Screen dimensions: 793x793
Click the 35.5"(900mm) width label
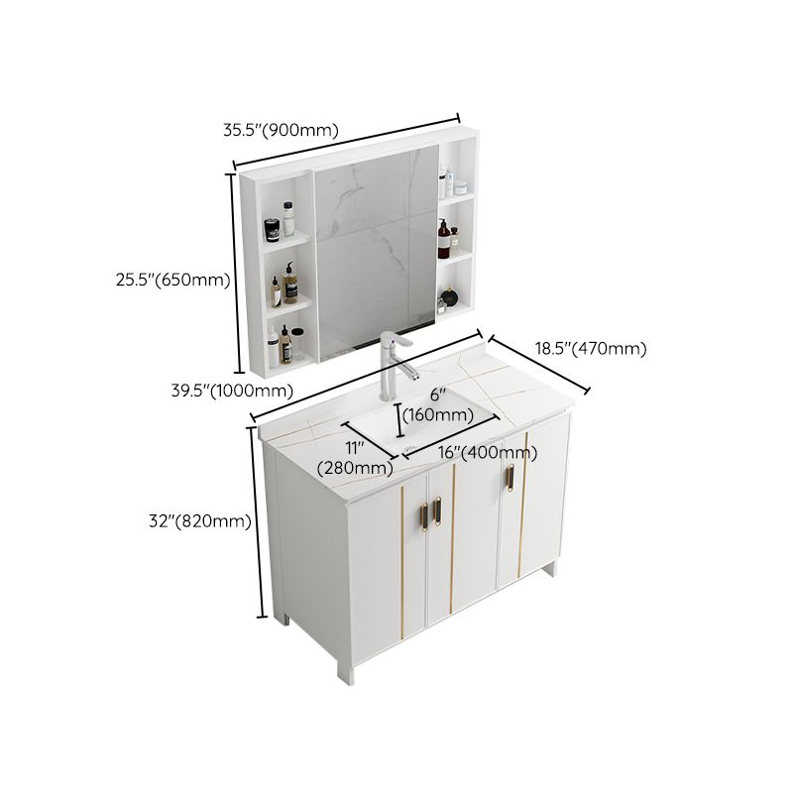(281, 129)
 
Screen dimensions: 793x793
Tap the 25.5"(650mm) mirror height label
(171, 281)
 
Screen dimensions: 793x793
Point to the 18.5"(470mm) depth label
(591, 348)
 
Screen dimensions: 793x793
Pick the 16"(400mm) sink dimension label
(487, 453)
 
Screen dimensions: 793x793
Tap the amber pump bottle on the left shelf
(290, 283)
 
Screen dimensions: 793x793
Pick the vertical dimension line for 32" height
(259, 525)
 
